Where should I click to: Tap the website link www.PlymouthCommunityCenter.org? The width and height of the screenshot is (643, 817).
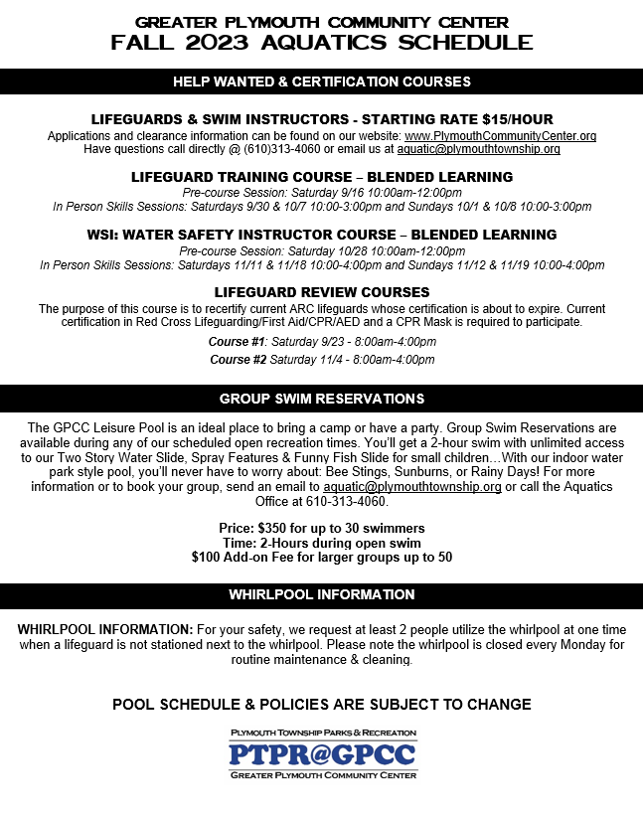pos(500,135)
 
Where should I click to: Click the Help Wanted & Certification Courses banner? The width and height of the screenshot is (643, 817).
pos(321,82)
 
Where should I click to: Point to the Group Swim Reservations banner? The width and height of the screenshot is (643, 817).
pos(321,399)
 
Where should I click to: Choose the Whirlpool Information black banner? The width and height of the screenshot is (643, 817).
pos(321,595)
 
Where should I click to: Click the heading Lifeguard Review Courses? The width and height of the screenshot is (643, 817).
pos(321,292)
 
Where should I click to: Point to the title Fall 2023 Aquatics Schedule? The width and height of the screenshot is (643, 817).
pos(321,43)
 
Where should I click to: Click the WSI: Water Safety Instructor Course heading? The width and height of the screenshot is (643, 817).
pos(321,235)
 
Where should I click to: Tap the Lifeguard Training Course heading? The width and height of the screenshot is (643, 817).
pos(321,177)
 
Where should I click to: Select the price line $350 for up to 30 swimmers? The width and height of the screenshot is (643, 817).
pos(321,528)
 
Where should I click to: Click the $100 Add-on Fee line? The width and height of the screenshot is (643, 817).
pos(321,557)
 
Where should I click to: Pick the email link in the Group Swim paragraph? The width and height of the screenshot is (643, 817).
pos(411,487)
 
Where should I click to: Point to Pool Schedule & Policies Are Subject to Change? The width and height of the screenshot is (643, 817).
pos(321,704)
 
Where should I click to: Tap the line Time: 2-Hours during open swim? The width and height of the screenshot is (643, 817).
pos(321,543)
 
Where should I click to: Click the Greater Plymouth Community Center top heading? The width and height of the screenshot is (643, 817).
pos(321,22)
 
